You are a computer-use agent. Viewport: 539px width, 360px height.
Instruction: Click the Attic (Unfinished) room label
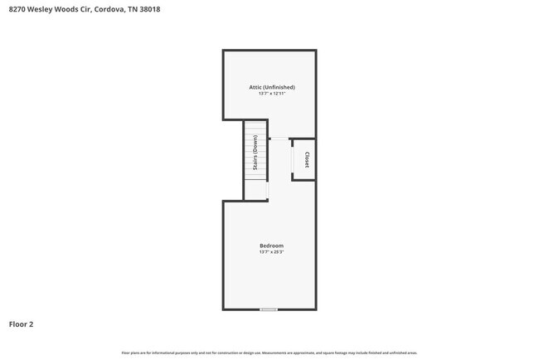click(271, 87)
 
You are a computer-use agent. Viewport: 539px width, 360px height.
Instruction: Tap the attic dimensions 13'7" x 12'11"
click(271, 94)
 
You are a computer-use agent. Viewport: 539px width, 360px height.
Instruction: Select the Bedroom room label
click(271, 246)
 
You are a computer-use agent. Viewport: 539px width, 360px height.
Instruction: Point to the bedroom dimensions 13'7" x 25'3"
click(271, 252)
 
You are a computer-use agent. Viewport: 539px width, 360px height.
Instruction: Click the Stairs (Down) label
click(255, 158)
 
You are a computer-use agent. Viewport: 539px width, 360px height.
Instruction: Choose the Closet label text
click(307, 159)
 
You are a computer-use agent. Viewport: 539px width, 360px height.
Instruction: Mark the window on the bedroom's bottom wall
click(269, 309)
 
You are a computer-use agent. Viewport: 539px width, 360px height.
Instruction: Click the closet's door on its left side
click(292, 159)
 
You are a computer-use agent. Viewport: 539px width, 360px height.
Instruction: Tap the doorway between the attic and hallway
click(279, 139)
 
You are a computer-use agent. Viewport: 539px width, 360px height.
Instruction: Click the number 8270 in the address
click(17, 10)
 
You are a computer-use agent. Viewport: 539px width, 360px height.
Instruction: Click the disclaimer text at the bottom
click(269, 353)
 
